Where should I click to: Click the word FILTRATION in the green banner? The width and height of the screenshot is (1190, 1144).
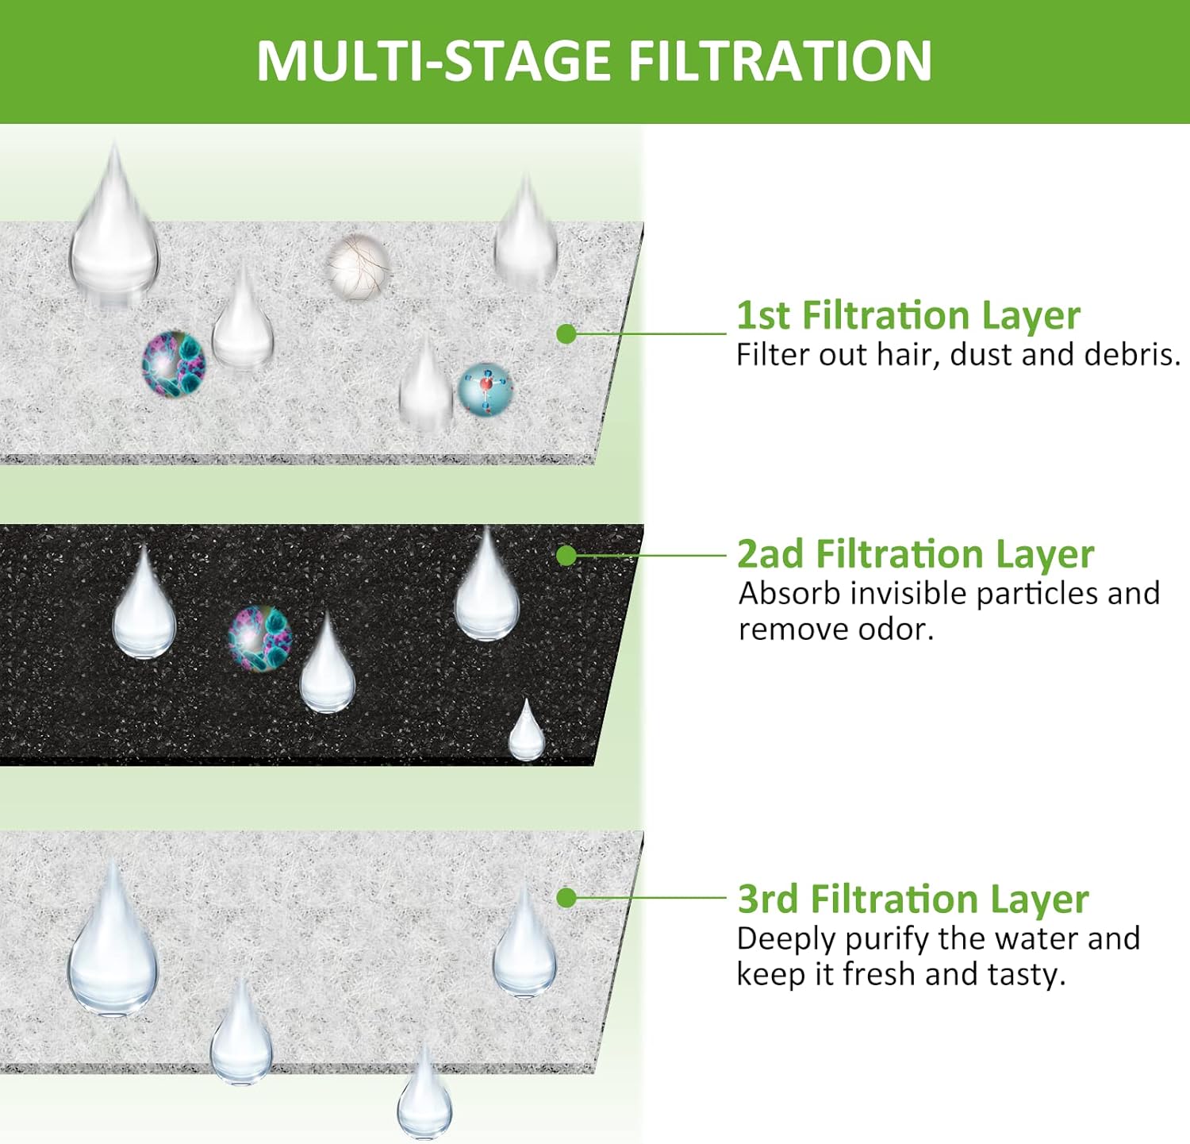click(780, 61)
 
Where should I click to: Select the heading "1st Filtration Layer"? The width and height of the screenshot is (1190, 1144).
click(908, 315)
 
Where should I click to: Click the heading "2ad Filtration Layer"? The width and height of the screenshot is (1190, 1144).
click(916, 554)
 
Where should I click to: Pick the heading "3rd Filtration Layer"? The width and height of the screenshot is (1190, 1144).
click(913, 899)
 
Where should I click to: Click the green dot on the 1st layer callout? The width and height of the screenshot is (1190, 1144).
click(566, 333)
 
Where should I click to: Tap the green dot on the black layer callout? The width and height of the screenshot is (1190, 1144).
click(566, 555)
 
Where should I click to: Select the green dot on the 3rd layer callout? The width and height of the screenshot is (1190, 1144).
click(566, 898)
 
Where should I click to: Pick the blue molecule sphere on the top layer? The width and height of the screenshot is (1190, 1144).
click(486, 389)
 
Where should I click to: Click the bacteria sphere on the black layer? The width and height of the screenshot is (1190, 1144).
click(259, 637)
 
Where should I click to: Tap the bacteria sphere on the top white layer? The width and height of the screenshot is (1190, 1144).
click(174, 364)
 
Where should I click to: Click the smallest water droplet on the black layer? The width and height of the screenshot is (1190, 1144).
click(526, 732)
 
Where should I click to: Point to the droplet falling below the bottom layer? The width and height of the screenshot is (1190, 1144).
click(424, 1094)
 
